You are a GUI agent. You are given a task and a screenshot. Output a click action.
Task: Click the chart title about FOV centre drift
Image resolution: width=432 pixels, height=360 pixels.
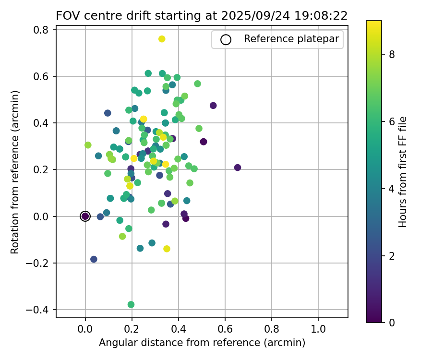point(202,15)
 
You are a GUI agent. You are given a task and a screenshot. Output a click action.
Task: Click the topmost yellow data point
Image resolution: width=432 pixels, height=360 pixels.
point(162,39)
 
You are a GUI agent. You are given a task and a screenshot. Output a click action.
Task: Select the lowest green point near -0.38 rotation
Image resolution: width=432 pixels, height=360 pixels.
point(131,304)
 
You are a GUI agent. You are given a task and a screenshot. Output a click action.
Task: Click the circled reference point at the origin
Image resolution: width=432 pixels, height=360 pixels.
point(85,216)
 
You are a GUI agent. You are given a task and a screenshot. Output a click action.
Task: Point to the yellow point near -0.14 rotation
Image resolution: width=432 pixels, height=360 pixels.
point(167,249)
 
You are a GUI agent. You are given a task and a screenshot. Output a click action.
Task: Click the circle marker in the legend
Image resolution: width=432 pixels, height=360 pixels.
point(226,40)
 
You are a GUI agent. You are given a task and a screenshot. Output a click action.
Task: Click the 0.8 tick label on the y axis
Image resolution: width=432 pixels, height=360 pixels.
point(44,30)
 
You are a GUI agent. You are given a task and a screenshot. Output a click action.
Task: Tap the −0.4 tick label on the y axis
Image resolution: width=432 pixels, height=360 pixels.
point(41,310)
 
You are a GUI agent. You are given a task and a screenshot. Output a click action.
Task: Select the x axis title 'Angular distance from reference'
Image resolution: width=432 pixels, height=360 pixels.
point(202,343)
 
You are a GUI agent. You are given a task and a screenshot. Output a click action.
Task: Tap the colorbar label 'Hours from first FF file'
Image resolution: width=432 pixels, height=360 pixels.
point(403,171)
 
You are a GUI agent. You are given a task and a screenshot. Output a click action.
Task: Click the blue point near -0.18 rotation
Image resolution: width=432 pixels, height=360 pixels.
point(94,259)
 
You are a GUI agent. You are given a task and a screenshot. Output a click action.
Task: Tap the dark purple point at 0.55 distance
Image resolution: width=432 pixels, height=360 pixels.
point(213,106)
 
